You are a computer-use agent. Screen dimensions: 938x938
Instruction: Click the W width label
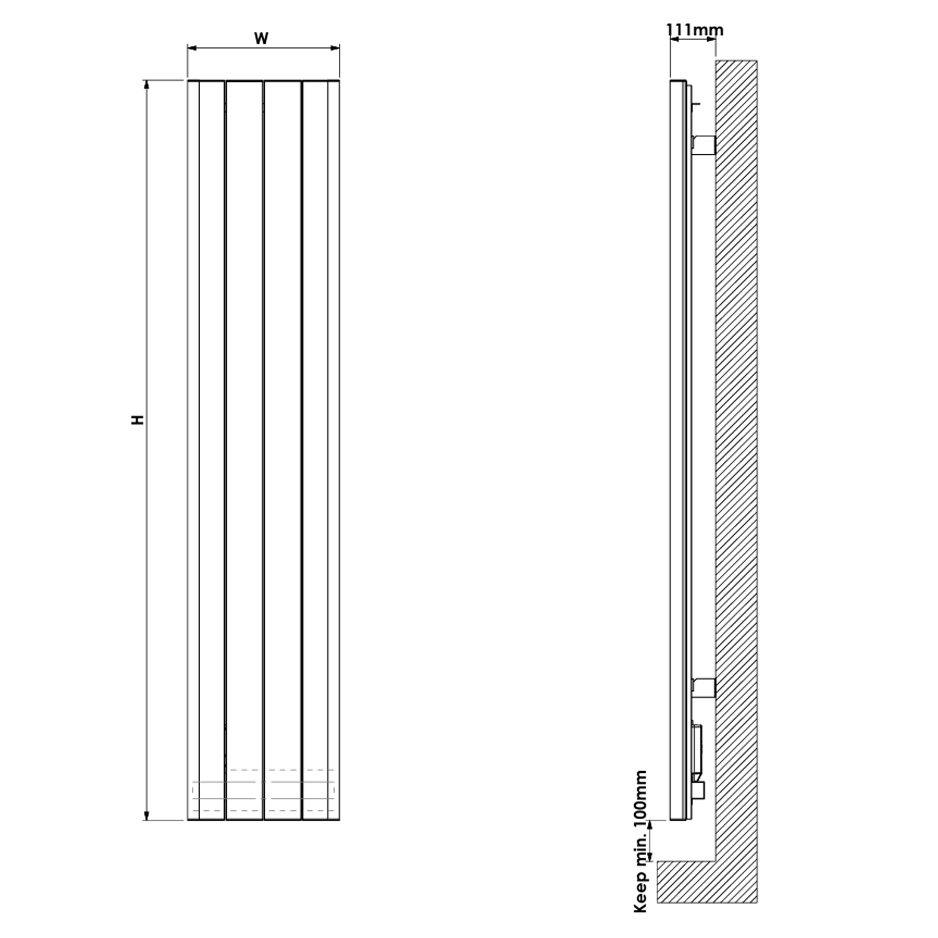[x=261, y=38]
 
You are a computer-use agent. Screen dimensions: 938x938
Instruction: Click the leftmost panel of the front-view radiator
[x=206, y=438]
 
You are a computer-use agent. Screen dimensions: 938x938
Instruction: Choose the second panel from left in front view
[x=244, y=438]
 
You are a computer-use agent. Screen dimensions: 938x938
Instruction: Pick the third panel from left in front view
[x=283, y=438]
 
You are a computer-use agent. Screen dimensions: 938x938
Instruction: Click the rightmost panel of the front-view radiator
[x=321, y=438]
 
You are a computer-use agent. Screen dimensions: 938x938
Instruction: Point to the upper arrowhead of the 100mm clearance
[x=651, y=825]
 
